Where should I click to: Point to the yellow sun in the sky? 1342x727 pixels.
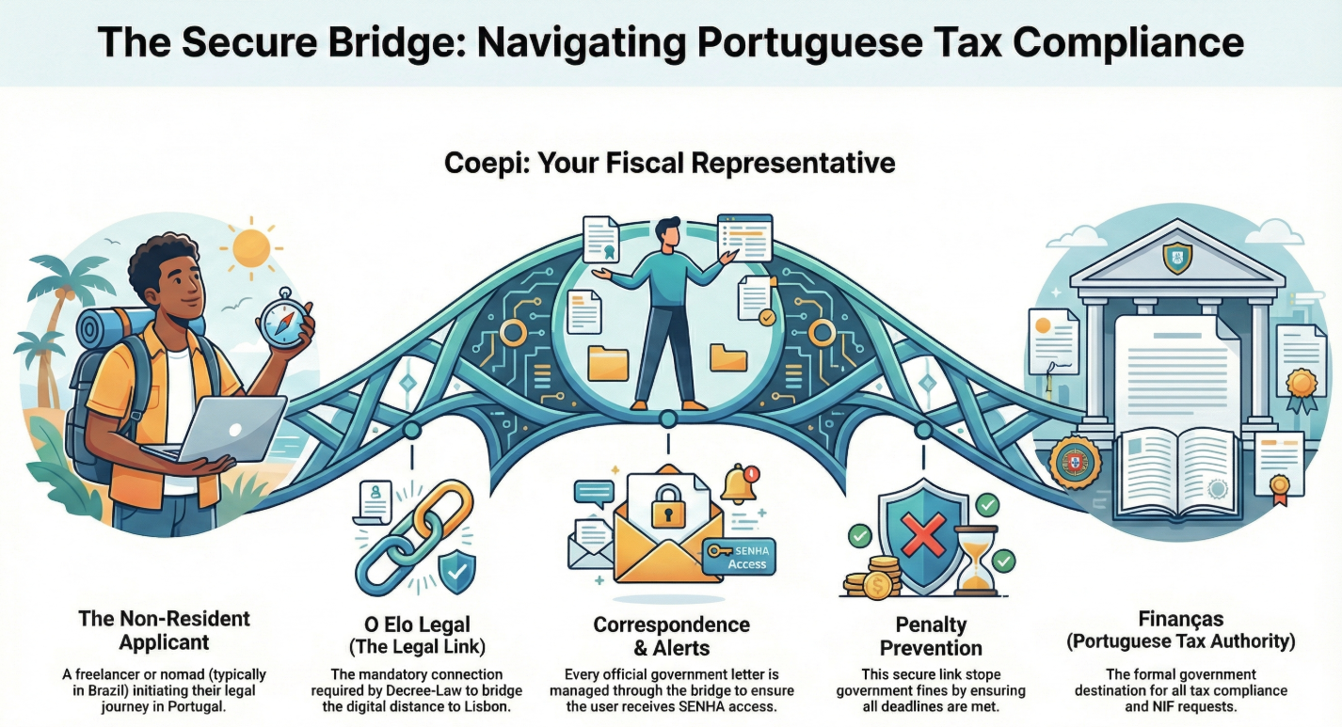(251, 247)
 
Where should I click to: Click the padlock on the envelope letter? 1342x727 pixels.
(666, 507)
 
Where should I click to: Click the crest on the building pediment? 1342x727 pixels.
(1178, 255)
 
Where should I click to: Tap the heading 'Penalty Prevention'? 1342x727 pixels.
(931, 636)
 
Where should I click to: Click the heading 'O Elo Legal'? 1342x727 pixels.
(417, 624)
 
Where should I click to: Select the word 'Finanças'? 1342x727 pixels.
(1180, 619)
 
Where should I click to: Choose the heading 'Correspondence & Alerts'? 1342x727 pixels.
(671, 636)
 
